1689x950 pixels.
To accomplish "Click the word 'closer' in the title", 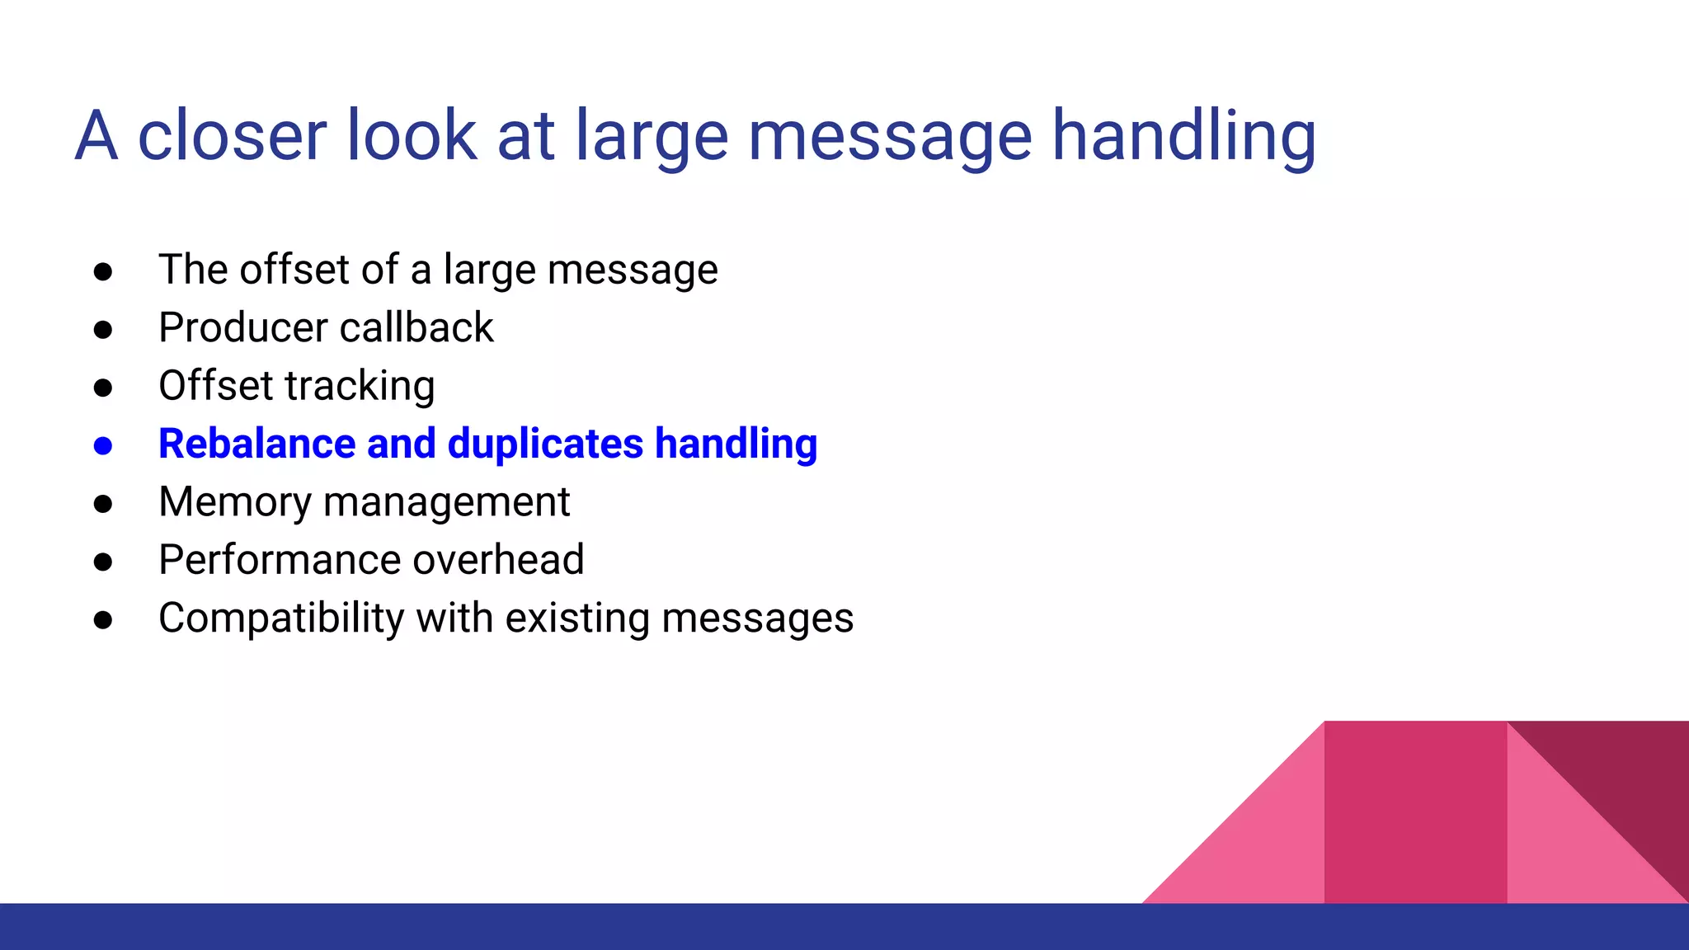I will (x=231, y=136).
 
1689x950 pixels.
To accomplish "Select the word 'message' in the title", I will (x=889, y=136).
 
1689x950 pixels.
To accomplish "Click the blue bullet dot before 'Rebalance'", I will (x=103, y=446).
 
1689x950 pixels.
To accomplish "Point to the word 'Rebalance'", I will (x=256, y=444).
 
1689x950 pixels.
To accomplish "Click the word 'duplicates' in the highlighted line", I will (x=545, y=444).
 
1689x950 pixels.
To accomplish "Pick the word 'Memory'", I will (x=235, y=502).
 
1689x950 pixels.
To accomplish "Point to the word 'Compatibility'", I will (x=281, y=618).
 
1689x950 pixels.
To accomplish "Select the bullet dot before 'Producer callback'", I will (x=103, y=330).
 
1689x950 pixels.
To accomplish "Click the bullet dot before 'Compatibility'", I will (x=103, y=620).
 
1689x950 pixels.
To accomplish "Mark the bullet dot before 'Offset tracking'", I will (x=103, y=388).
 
